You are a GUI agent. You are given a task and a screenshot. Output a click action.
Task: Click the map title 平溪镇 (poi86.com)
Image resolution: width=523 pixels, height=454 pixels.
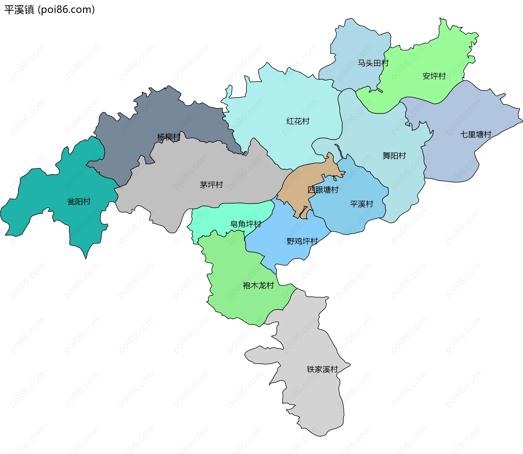49,10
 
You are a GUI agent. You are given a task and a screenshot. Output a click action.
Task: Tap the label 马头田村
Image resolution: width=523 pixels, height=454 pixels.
373,63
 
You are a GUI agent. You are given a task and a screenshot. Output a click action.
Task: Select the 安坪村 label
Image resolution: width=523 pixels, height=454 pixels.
434,76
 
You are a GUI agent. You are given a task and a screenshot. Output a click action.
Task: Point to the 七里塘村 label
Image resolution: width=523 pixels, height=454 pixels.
476,134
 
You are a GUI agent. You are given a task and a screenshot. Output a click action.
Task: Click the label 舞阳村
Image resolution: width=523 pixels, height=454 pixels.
394,156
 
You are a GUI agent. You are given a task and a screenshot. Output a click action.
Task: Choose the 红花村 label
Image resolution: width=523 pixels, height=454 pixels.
298,121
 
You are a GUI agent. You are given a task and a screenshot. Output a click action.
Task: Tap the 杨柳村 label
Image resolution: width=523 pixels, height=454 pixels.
169,137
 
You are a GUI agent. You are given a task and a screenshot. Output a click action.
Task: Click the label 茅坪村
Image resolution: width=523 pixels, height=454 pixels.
211,185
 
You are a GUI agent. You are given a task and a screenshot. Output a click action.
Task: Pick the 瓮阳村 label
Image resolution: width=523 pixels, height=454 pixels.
79,202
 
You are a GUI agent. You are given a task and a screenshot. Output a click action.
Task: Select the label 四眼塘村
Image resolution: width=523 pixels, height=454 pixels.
323,190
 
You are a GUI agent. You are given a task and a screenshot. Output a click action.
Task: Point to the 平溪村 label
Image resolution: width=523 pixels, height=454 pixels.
361,204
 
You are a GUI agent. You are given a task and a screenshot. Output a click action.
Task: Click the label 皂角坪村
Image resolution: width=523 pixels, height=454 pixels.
245,224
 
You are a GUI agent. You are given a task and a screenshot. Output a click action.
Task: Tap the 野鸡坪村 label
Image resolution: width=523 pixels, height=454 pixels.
302,241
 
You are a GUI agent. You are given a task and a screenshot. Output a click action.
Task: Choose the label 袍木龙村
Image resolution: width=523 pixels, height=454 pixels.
258,285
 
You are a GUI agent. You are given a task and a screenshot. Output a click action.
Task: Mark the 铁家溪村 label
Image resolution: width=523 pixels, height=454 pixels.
322,369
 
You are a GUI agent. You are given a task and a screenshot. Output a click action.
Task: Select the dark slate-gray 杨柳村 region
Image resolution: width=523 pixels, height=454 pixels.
163,114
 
